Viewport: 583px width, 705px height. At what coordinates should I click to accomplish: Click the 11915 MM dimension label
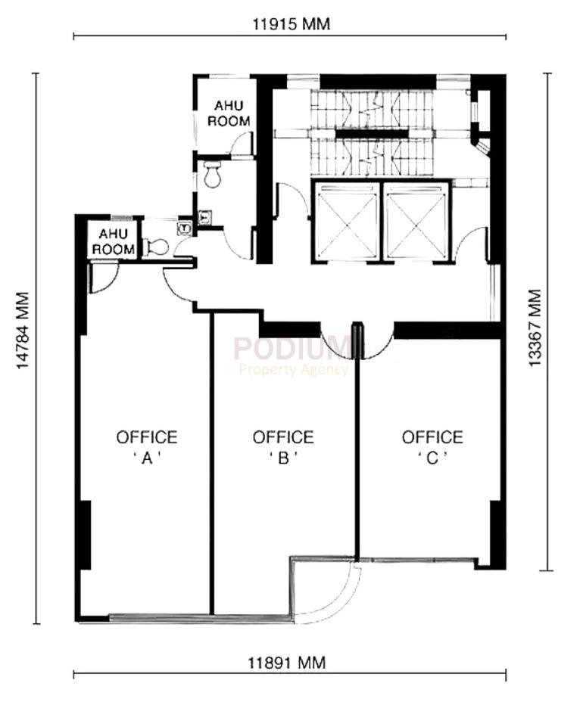(291, 24)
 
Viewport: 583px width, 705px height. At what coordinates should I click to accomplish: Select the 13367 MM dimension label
(535, 329)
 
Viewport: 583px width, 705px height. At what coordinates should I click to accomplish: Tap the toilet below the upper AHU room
(212, 175)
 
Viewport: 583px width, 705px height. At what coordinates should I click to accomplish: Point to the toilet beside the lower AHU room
(157, 246)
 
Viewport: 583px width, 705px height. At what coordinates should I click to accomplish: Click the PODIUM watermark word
(291, 348)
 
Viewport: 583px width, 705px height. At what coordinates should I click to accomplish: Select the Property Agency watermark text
(294, 370)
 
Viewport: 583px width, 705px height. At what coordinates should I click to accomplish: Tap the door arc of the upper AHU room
(242, 144)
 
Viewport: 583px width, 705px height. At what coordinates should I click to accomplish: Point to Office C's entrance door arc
(377, 344)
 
